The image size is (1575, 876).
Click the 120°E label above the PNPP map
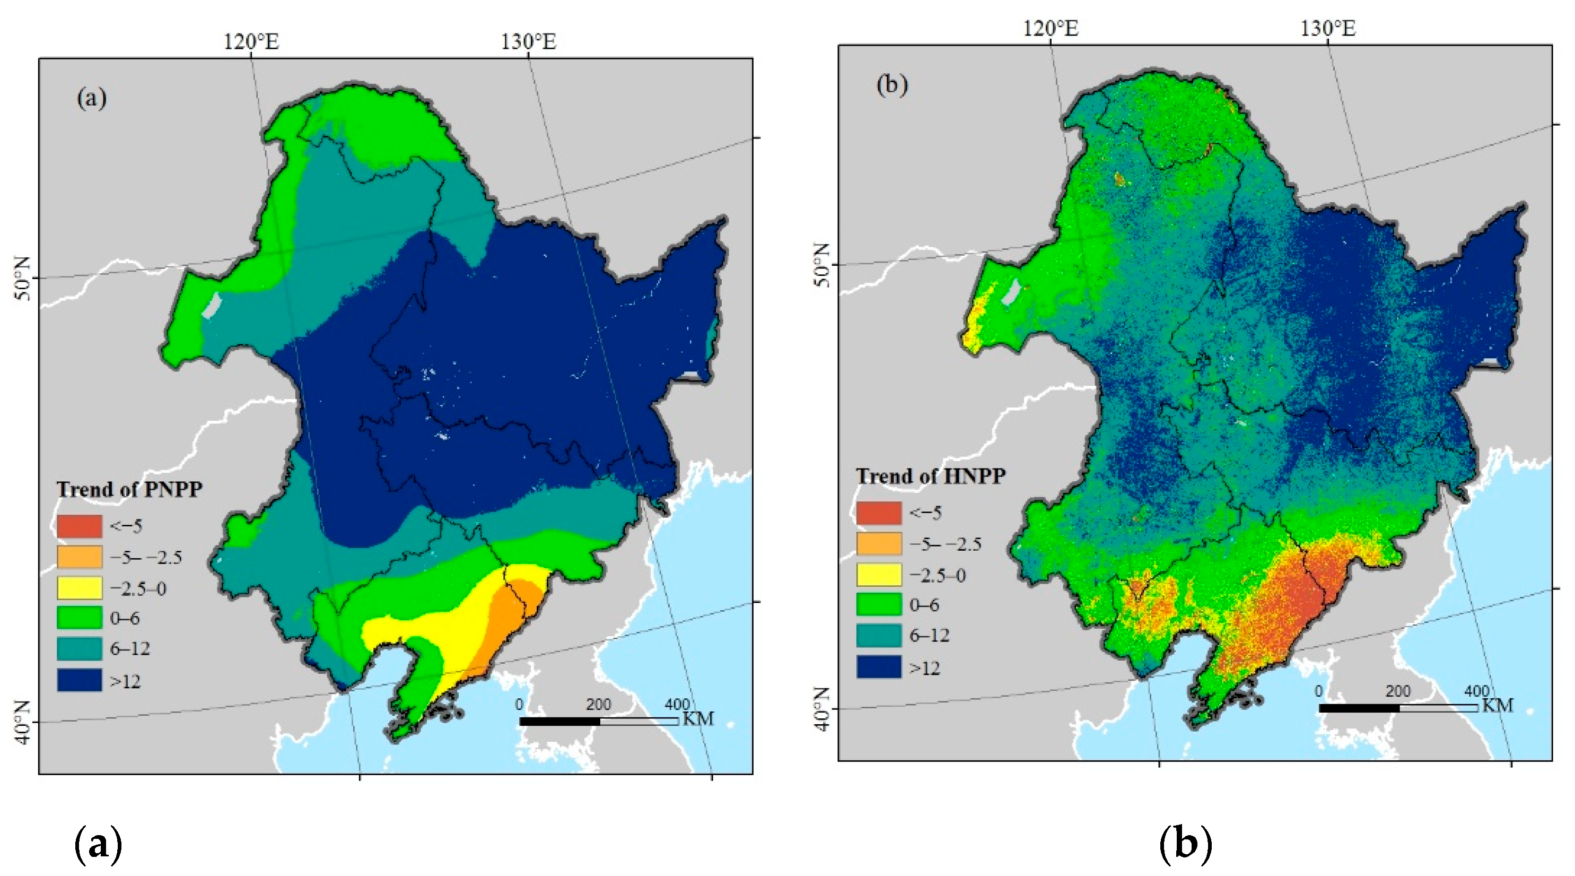pyautogui.click(x=251, y=41)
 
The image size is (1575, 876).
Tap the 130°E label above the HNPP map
pyautogui.click(x=1327, y=28)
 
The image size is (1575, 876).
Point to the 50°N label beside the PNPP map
pyautogui.click(x=22, y=279)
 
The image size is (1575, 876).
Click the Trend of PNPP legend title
pyautogui.click(x=129, y=489)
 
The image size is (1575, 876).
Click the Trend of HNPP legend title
pyautogui.click(x=931, y=476)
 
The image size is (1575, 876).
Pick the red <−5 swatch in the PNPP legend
pyautogui.click(x=80, y=526)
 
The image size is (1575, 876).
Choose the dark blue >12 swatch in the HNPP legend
pyautogui.click(x=879, y=667)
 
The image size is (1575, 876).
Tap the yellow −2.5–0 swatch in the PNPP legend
pyautogui.click(x=80, y=587)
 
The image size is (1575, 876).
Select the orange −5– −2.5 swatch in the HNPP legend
pyautogui.click(x=879, y=543)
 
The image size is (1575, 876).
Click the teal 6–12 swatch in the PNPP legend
pyautogui.click(x=80, y=648)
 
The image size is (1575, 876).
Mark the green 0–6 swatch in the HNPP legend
pyautogui.click(x=879, y=604)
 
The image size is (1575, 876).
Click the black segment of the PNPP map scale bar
pyautogui.click(x=559, y=721)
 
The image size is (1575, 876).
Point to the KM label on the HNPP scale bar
pyautogui.click(x=1498, y=706)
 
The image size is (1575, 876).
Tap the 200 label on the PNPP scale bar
pyautogui.click(x=598, y=705)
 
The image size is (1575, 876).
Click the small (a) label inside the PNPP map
pyautogui.click(x=92, y=98)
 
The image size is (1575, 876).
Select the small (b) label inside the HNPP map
pyautogui.click(x=892, y=84)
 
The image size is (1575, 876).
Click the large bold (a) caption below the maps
pyautogui.click(x=98, y=845)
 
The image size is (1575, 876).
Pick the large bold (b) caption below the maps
pyautogui.click(x=1185, y=845)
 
